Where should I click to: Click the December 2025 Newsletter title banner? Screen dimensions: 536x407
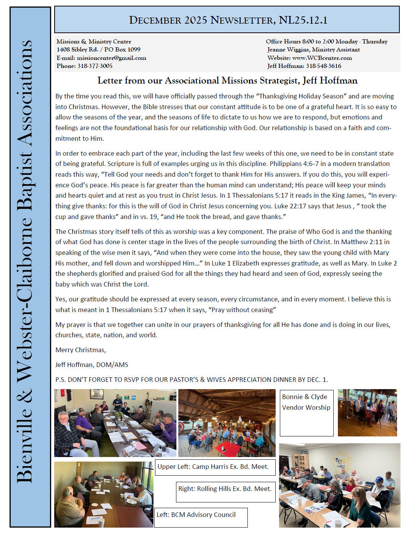click(228, 20)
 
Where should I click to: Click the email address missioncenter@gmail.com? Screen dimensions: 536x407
click(111, 58)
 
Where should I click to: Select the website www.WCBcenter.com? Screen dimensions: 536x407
click(322, 58)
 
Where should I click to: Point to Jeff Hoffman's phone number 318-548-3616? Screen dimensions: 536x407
click(323, 66)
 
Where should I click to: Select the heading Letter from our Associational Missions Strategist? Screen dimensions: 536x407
click(227, 80)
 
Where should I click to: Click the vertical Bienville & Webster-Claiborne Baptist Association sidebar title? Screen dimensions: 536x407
click(25, 261)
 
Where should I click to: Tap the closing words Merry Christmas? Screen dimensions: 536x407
click(81, 350)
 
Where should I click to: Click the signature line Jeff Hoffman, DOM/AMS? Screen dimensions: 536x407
click(92, 365)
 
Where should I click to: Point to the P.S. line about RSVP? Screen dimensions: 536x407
click(191, 380)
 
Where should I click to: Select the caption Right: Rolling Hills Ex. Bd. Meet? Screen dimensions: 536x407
click(225, 489)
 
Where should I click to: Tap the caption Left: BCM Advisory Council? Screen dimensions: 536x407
click(196, 515)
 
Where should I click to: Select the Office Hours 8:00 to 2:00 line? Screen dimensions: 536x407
click(326, 42)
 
